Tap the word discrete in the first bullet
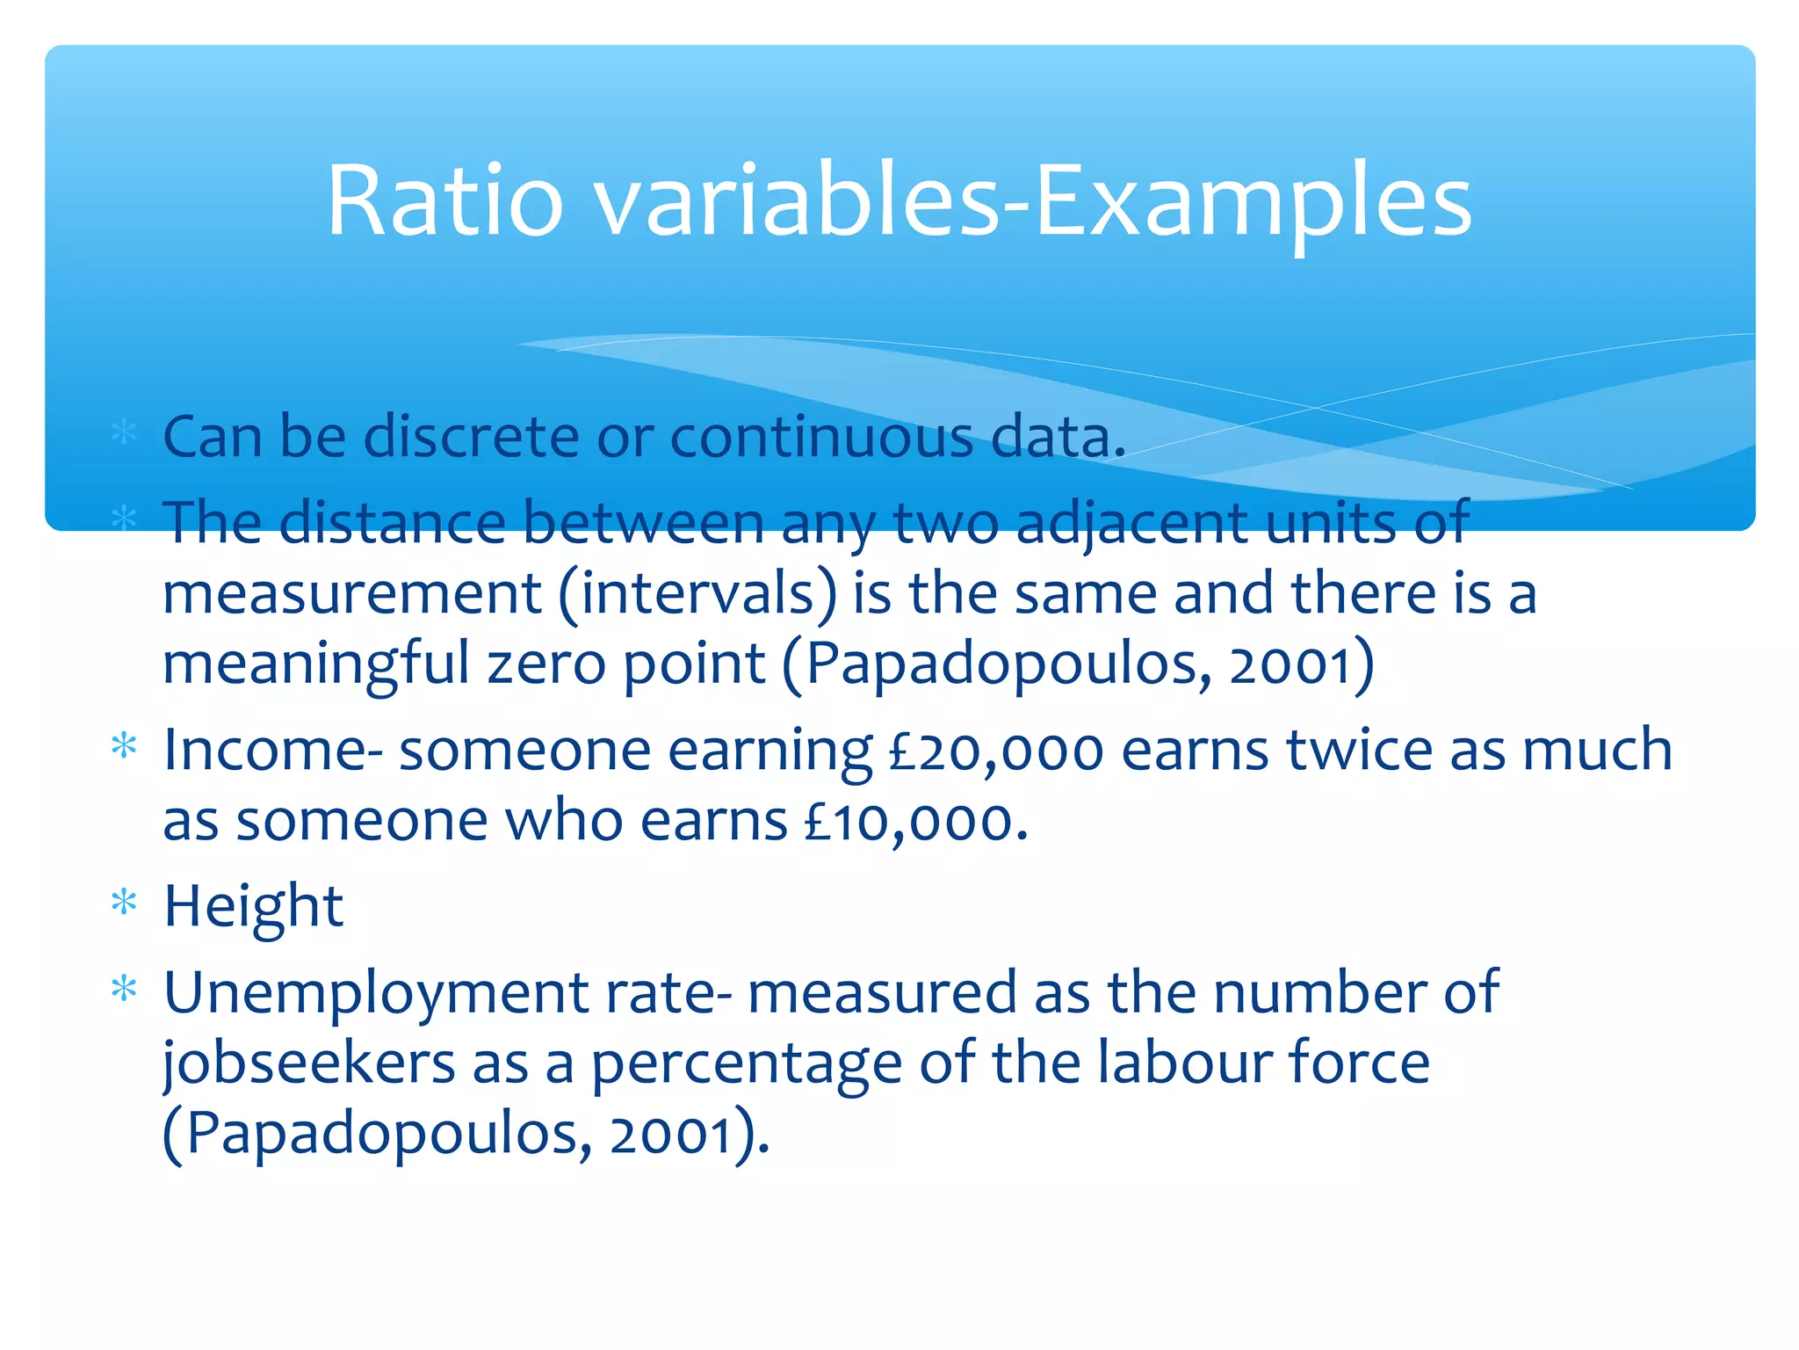click(471, 437)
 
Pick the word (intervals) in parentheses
click(697, 593)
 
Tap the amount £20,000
click(996, 751)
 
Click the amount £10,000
click(915, 822)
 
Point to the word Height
click(253, 906)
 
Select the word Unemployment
click(376, 993)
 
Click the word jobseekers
click(309, 1063)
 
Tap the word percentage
click(746, 1063)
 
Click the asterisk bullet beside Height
click(125, 903)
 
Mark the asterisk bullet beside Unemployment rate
click(125, 990)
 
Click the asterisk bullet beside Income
click(125, 747)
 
